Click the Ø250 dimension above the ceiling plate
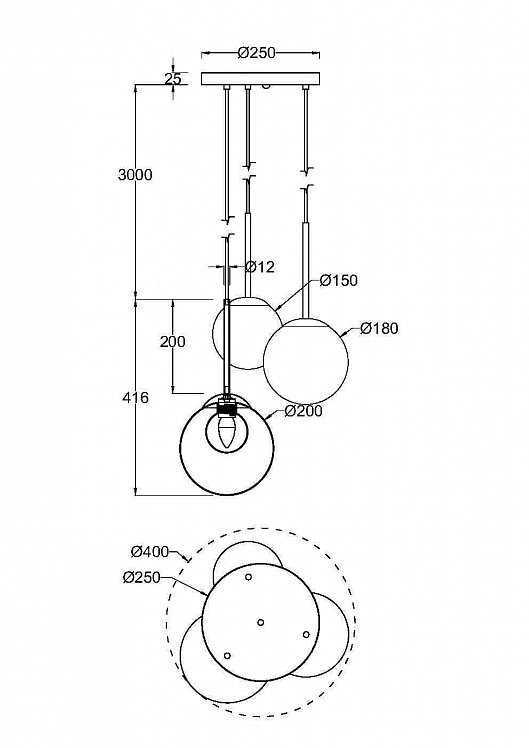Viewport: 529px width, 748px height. pyautogui.click(x=257, y=52)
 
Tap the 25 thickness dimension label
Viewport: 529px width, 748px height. pyautogui.click(x=173, y=79)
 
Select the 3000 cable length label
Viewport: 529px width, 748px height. pyautogui.click(x=135, y=175)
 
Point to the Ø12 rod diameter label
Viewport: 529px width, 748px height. pyautogui.click(x=260, y=267)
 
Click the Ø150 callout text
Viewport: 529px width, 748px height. pyautogui.click(x=339, y=280)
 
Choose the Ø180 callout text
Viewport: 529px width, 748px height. pyautogui.click(x=379, y=328)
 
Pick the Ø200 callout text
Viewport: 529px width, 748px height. pyautogui.click(x=303, y=411)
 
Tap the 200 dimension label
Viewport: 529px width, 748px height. pyautogui.click(x=173, y=342)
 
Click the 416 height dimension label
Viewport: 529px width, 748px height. pyautogui.click(x=135, y=397)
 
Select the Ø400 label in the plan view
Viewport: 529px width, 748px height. pyautogui.click(x=150, y=552)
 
